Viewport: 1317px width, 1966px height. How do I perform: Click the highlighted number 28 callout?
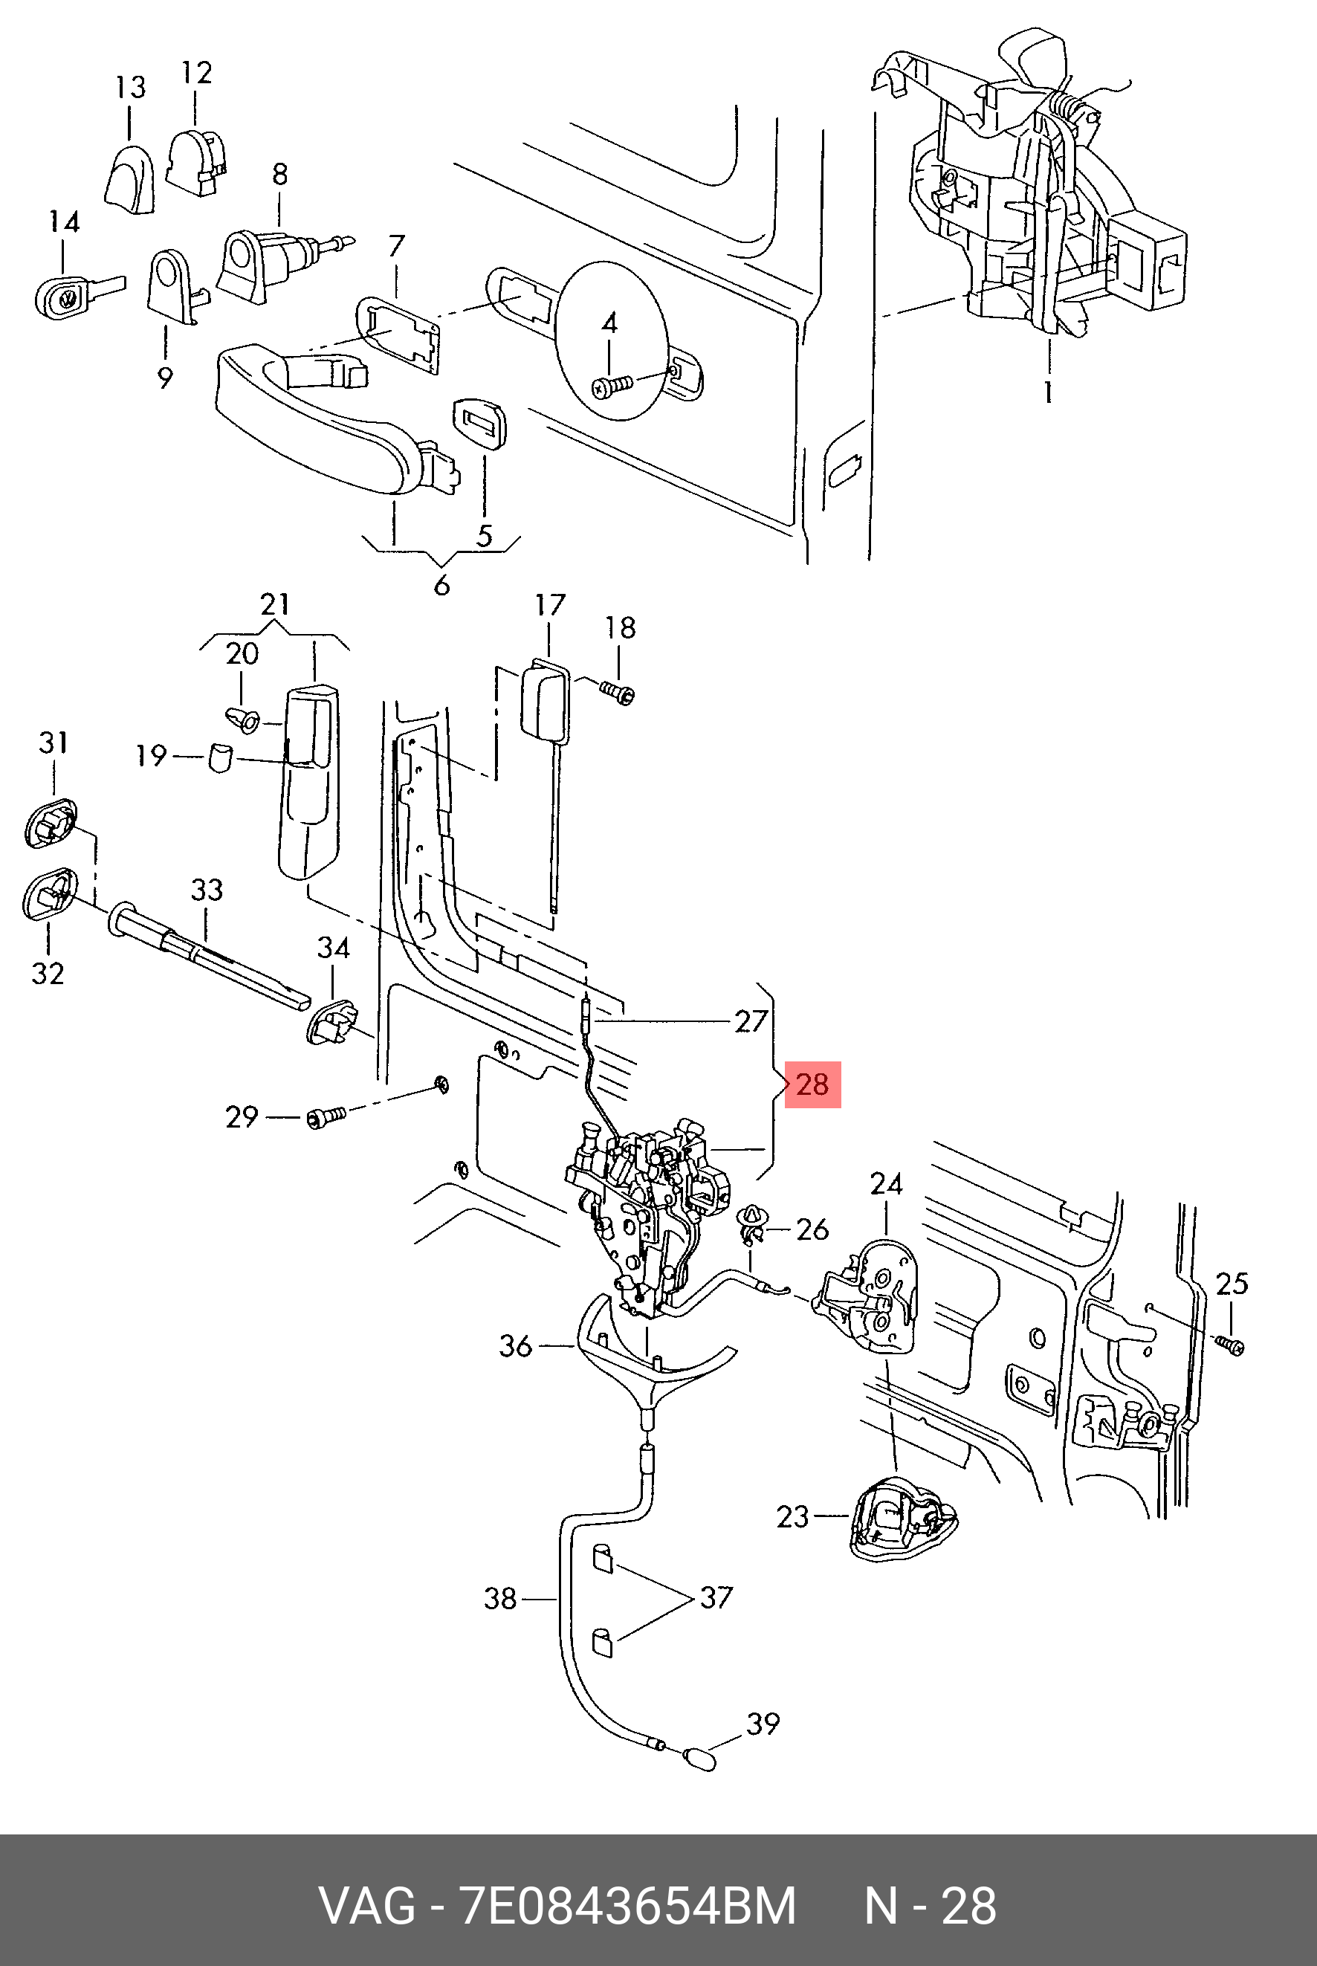[812, 1084]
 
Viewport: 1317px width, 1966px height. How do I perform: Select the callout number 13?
[130, 88]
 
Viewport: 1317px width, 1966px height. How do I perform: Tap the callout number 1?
[1048, 392]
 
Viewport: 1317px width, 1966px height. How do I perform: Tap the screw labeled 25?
[1232, 1345]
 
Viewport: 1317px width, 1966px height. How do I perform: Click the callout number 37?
[716, 1597]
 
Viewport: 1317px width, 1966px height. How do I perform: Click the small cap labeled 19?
[219, 757]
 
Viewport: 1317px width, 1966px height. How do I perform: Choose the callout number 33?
[207, 890]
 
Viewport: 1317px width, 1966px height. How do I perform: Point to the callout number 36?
[516, 1346]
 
